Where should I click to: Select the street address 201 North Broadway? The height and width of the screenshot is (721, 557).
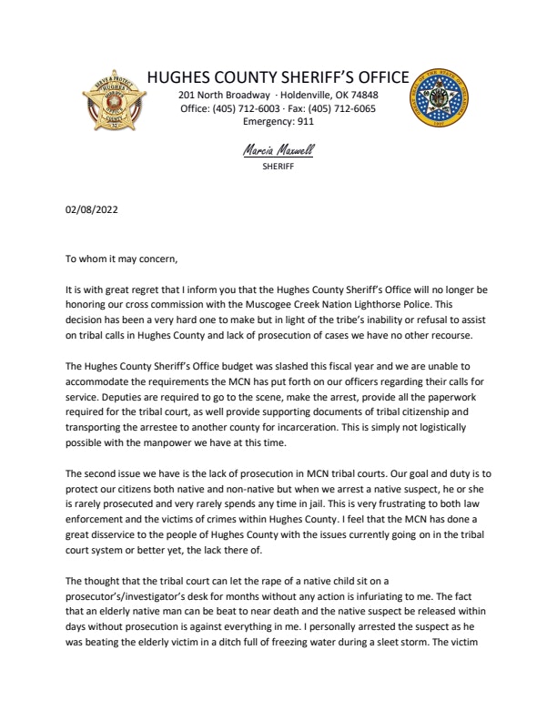pyautogui.click(x=223, y=95)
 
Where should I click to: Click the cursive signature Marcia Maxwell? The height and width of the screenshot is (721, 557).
pyautogui.click(x=279, y=149)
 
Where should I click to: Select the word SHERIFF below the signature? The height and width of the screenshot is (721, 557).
pyautogui.click(x=279, y=167)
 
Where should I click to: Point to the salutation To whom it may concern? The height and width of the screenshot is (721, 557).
pyautogui.click(x=122, y=259)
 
